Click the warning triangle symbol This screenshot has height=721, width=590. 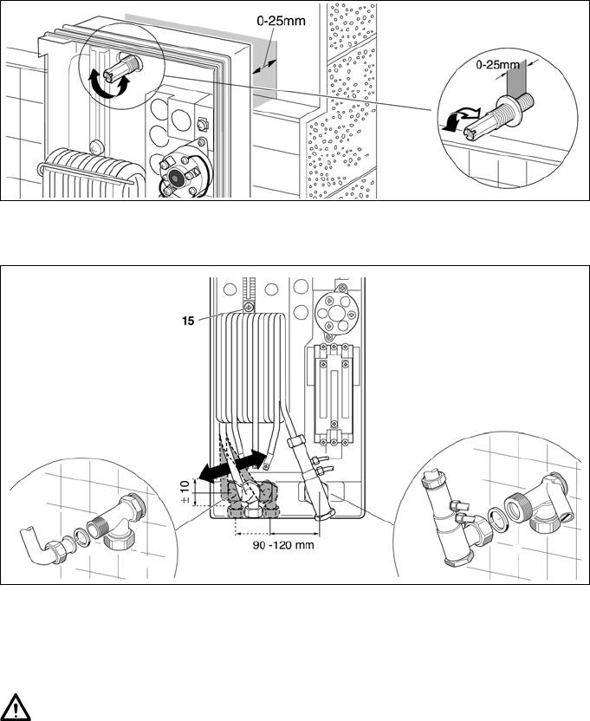click(x=16, y=707)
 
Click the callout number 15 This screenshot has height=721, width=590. click(x=188, y=321)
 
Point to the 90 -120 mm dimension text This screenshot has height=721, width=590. click(x=283, y=545)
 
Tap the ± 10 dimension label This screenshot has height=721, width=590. click(x=185, y=492)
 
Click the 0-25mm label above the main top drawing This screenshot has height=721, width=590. click(x=281, y=21)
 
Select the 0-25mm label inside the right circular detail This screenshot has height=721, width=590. click(x=497, y=65)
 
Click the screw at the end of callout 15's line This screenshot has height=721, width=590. click(x=249, y=307)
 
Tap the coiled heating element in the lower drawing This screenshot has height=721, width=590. click(x=250, y=367)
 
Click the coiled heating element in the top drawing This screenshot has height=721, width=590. click(x=92, y=172)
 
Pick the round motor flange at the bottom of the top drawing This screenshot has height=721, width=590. click(x=184, y=171)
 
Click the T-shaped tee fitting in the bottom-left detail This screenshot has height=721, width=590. click(x=121, y=521)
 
